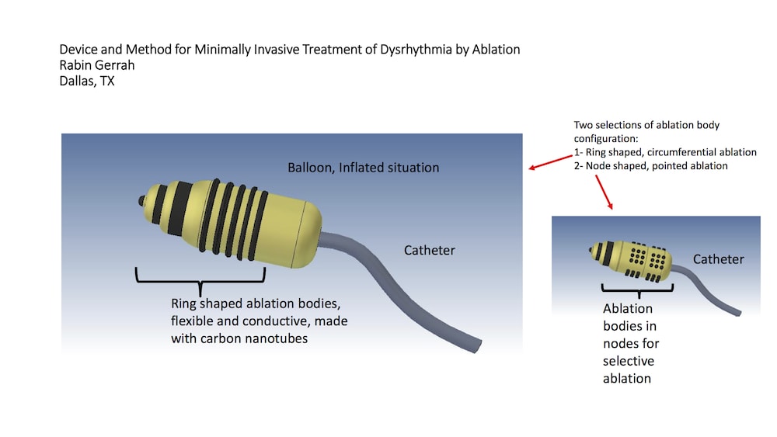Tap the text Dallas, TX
coord(86,81)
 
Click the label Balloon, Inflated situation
coord(363,168)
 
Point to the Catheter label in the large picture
coord(429,250)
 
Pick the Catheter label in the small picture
coord(718,259)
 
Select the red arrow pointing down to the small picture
coord(604,192)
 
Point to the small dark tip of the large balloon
coord(143,201)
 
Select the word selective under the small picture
coord(629,361)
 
